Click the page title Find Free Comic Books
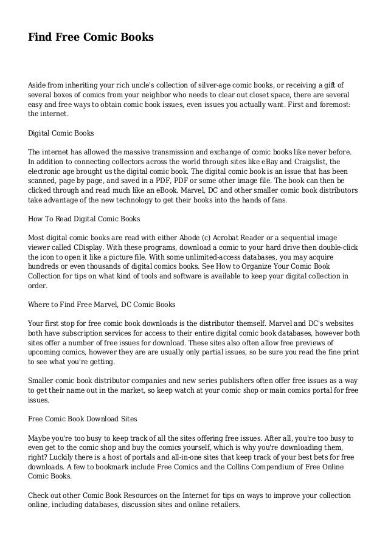click(91, 38)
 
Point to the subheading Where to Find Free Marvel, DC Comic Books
click(102, 303)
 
